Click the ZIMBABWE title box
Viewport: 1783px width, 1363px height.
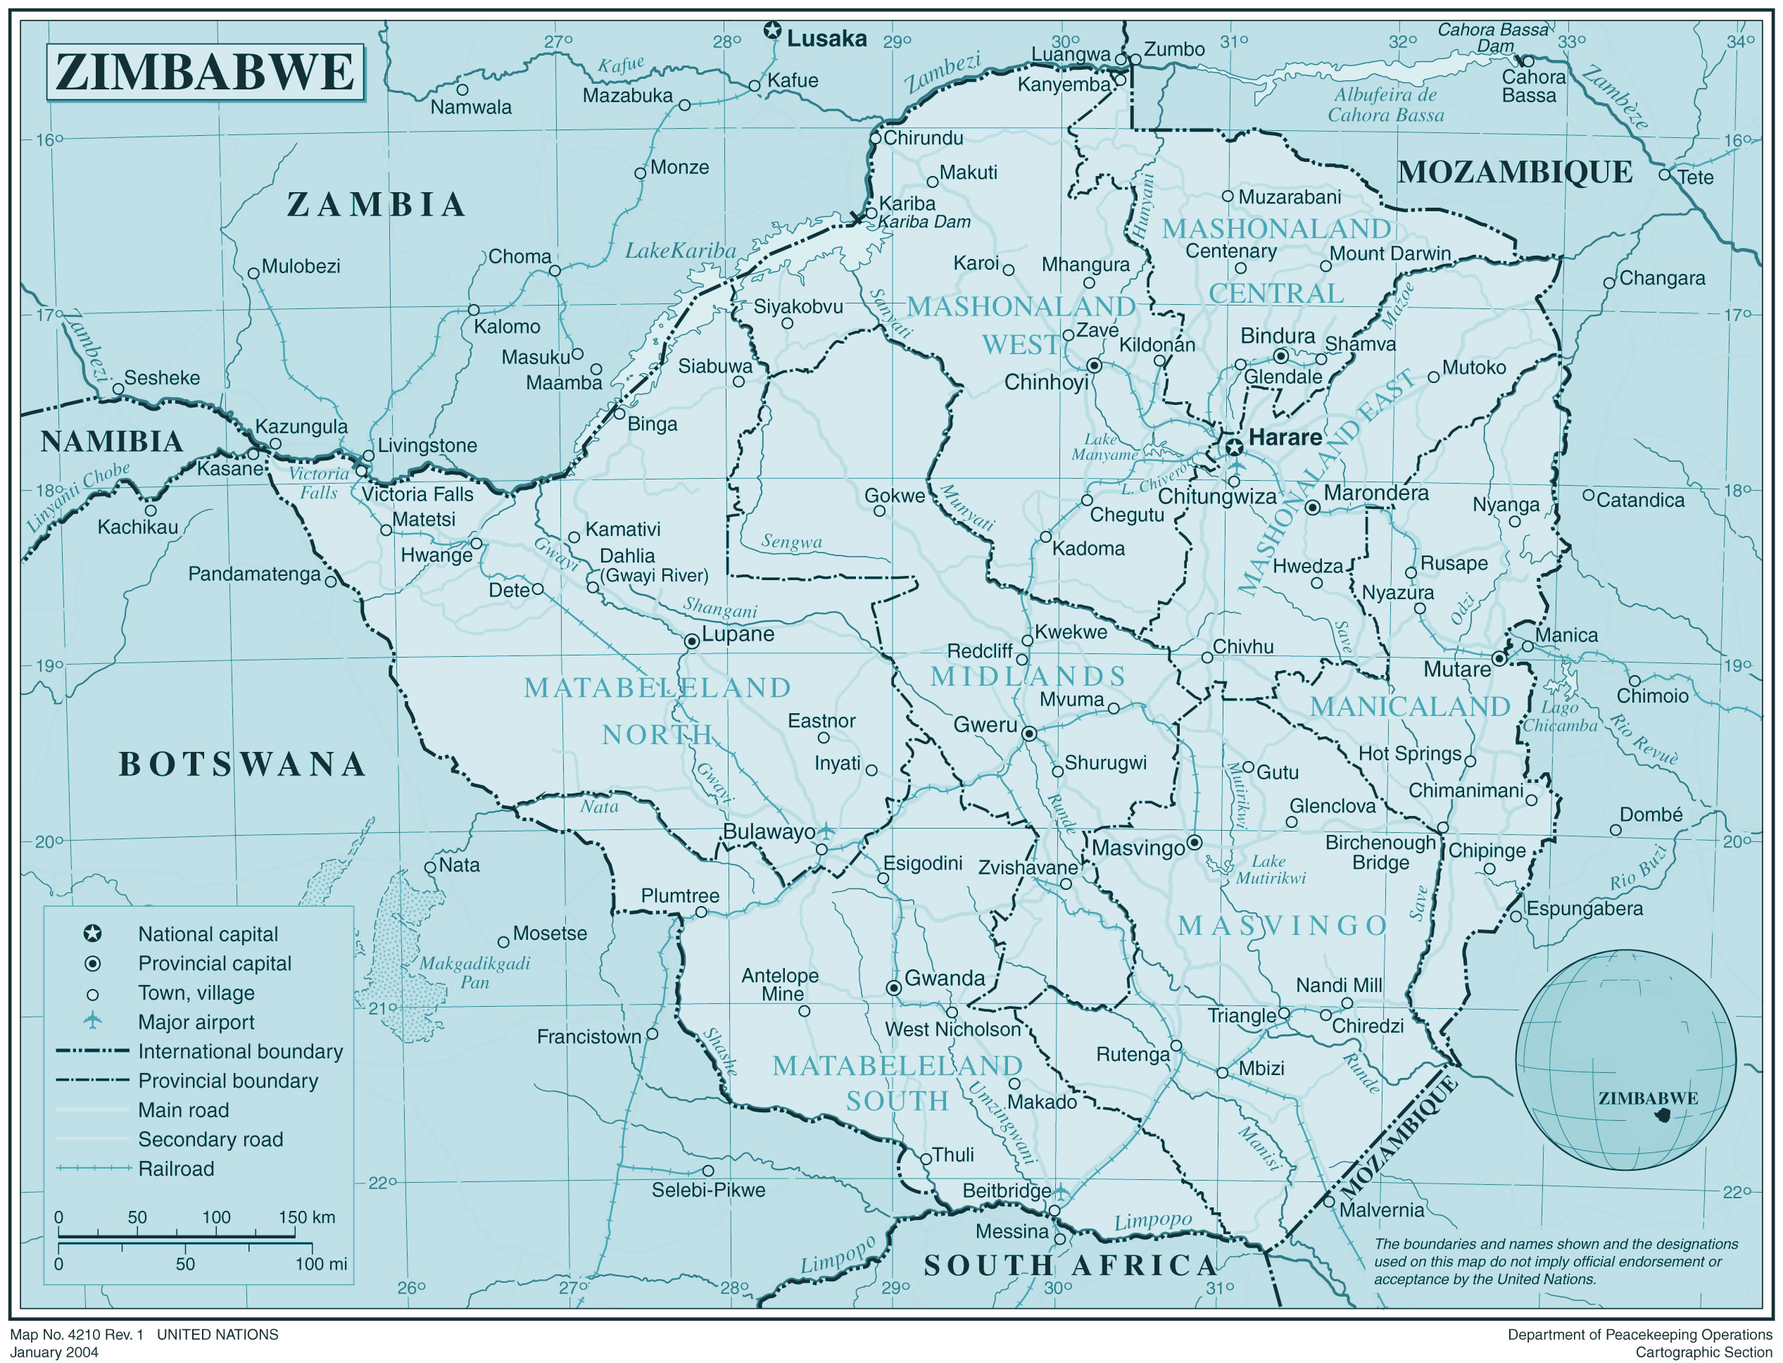click(206, 73)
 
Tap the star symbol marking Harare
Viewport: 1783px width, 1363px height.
click(1234, 447)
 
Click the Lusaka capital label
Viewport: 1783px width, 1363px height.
click(826, 38)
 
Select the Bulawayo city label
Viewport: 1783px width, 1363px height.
click(768, 831)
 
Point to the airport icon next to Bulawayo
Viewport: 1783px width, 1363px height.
click(825, 831)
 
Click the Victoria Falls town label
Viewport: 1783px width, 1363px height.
click(417, 494)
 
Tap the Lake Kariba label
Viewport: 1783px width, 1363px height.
click(680, 251)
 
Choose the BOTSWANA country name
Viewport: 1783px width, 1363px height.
click(241, 765)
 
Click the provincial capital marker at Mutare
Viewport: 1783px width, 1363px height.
click(1499, 659)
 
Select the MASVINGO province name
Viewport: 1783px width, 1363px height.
click(1283, 925)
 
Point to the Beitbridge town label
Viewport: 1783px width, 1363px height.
click(1006, 1191)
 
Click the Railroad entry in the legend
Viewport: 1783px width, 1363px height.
click(175, 1168)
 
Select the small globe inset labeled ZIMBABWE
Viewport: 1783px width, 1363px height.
click(1625, 1060)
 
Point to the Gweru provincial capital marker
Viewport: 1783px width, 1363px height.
click(1028, 734)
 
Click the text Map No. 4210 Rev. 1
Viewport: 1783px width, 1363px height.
click(76, 1335)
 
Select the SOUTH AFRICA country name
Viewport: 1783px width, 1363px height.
click(1070, 1265)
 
